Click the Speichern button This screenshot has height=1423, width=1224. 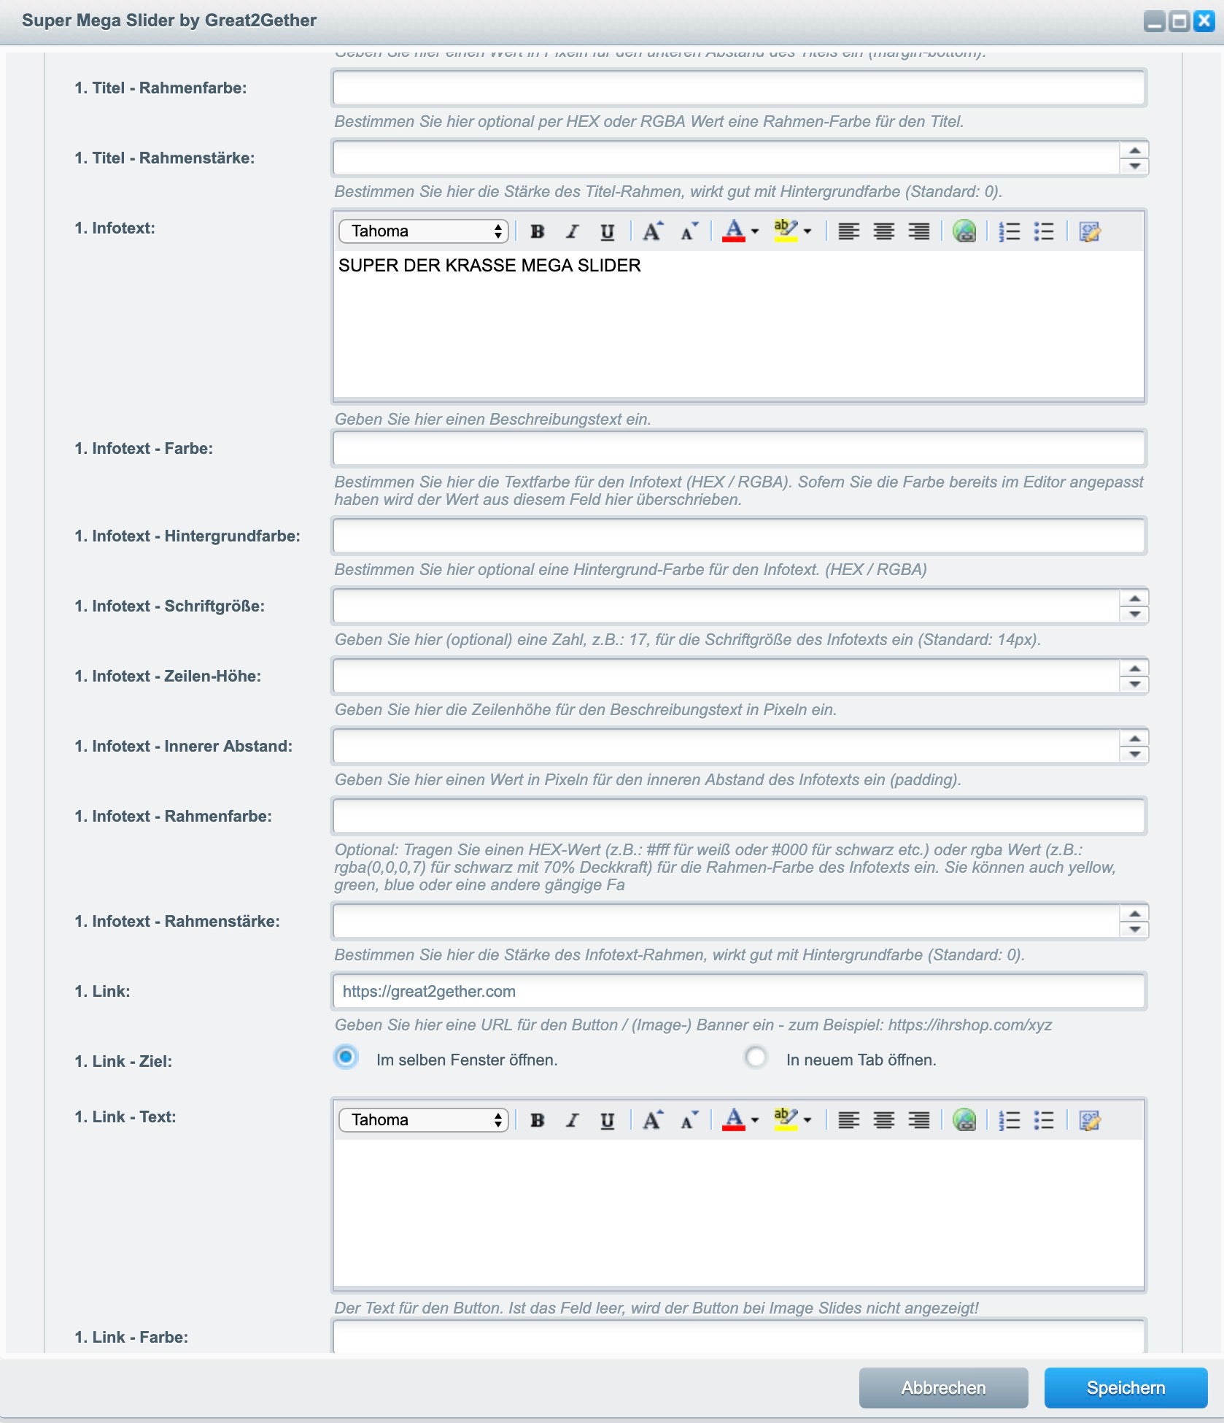pos(1125,1387)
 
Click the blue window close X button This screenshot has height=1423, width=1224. pos(1204,21)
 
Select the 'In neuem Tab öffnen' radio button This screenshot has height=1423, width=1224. pos(756,1057)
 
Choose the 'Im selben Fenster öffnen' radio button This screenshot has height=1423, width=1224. pos(346,1057)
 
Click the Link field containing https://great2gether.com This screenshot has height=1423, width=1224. pos(738,991)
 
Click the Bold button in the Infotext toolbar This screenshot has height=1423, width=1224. pos(538,232)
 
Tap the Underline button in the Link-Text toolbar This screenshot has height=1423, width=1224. pos(607,1120)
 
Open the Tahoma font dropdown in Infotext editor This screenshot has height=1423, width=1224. pos(423,231)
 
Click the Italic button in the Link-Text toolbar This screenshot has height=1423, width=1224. pos(573,1120)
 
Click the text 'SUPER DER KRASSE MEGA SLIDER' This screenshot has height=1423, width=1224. pos(489,266)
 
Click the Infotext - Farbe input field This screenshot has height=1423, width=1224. pos(738,448)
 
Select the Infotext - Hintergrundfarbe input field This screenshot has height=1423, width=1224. pos(738,536)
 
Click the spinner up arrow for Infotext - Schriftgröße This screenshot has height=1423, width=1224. pos(1134,598)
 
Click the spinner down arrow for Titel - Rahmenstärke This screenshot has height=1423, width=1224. pos(1134,166)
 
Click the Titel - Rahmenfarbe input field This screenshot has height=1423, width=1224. pos(738,88)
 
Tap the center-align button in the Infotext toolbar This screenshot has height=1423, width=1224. pos(884,232)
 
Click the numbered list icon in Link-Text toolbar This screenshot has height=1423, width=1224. pos(1009,1120)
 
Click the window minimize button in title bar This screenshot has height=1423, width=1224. pos(1154,21)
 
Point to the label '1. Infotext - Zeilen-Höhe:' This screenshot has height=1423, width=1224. pos(168,676)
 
